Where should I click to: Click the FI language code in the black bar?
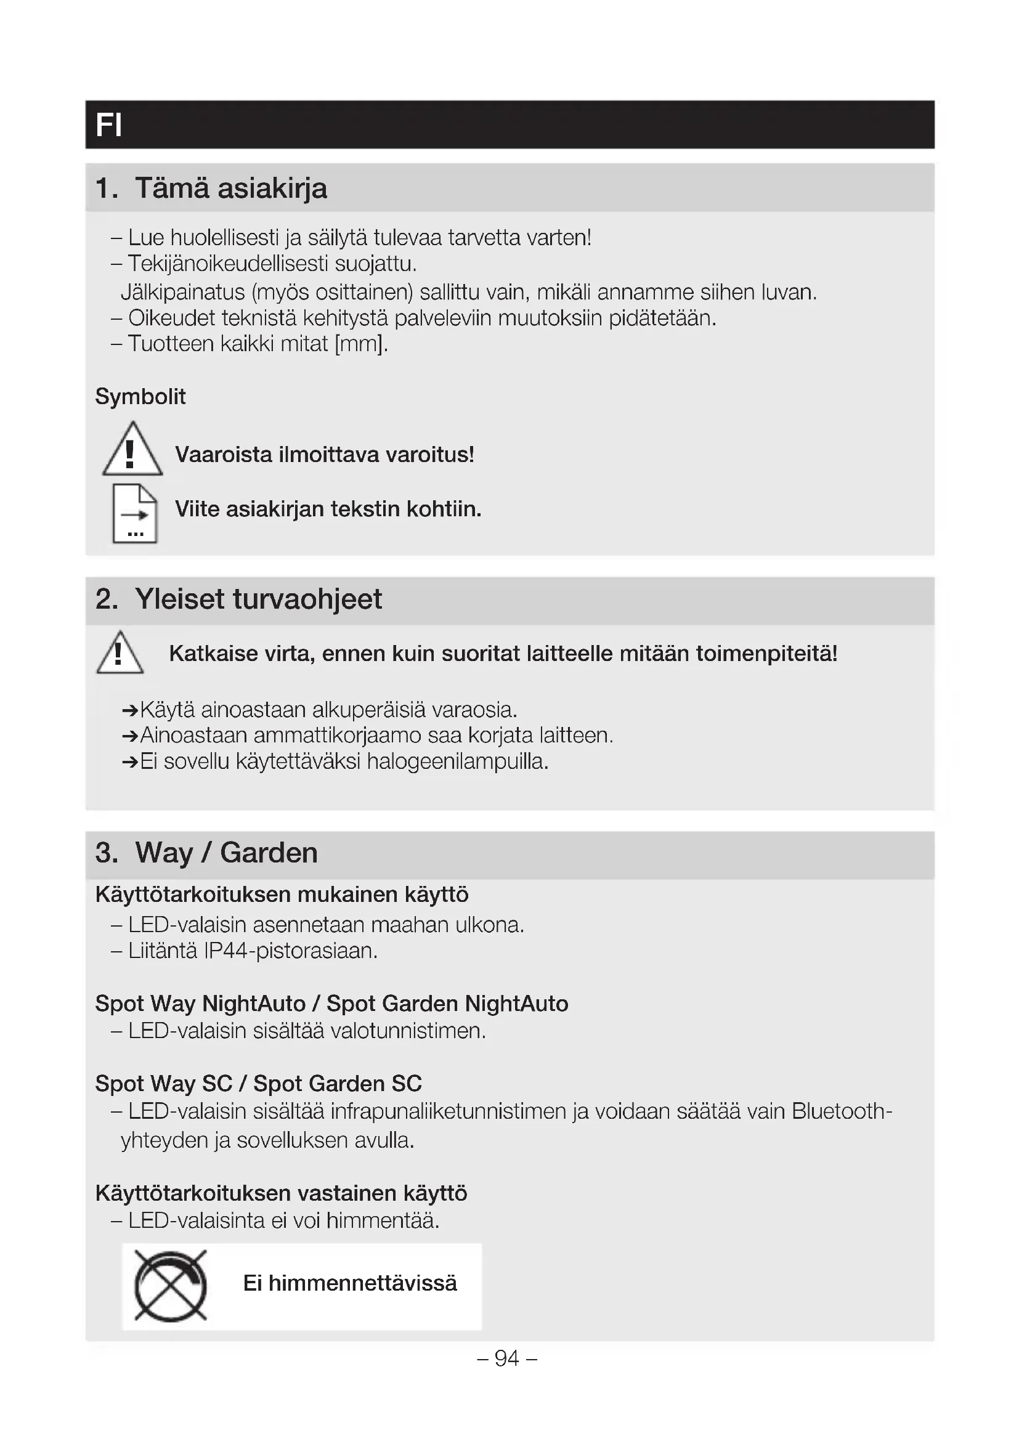click(108, 125)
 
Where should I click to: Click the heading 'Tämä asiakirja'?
click(230, 189)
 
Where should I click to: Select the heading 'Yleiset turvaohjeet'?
click(258, 599)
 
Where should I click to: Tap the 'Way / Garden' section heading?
click(226, 853)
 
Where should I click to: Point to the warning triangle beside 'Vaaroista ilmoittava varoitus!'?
click(132, 450)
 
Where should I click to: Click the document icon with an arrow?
click(134, 513)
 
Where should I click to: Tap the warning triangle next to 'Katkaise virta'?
click(120, 652)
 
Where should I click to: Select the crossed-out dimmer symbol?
click(170, 1286)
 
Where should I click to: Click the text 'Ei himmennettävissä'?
click(350, 1283)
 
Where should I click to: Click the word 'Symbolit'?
click(140, 397)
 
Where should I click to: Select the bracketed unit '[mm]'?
click(359, 344)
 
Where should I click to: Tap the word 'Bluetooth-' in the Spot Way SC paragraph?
click(842, 1111)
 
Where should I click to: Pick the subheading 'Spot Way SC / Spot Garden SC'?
click(259, 1084)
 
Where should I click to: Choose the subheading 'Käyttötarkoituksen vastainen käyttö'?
click(281, 1193)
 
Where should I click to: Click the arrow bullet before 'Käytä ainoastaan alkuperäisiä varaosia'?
click(130, 710)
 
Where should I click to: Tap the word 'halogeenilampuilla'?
click(457, 761)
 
